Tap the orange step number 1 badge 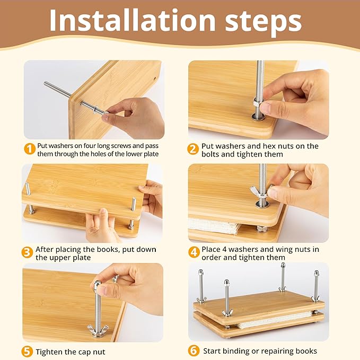(x=29, y=149)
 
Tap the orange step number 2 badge (x=194, y=149)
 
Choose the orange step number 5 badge (x=28, y=352)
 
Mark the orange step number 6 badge (x=194, y=350)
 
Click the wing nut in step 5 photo (x=99, y=330)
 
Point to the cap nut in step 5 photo (x=98, y=287)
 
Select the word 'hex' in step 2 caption (x=271, y=146)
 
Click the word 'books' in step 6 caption (x=305, y=351)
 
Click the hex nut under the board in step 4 (x=261, y=229)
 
